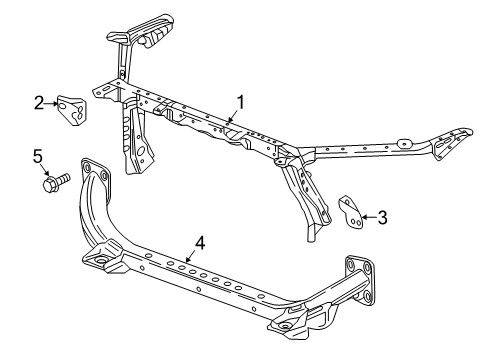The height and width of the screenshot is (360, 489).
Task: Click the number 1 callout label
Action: (x=240, y=102)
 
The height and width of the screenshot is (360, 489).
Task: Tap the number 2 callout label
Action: (x=38, y=101)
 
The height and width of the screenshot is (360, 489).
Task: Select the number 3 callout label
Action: (x=383, y=215)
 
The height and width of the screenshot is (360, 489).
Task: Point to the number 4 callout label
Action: (x=200, y=242)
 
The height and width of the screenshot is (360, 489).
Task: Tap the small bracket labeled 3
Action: (x=349, y=211)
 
